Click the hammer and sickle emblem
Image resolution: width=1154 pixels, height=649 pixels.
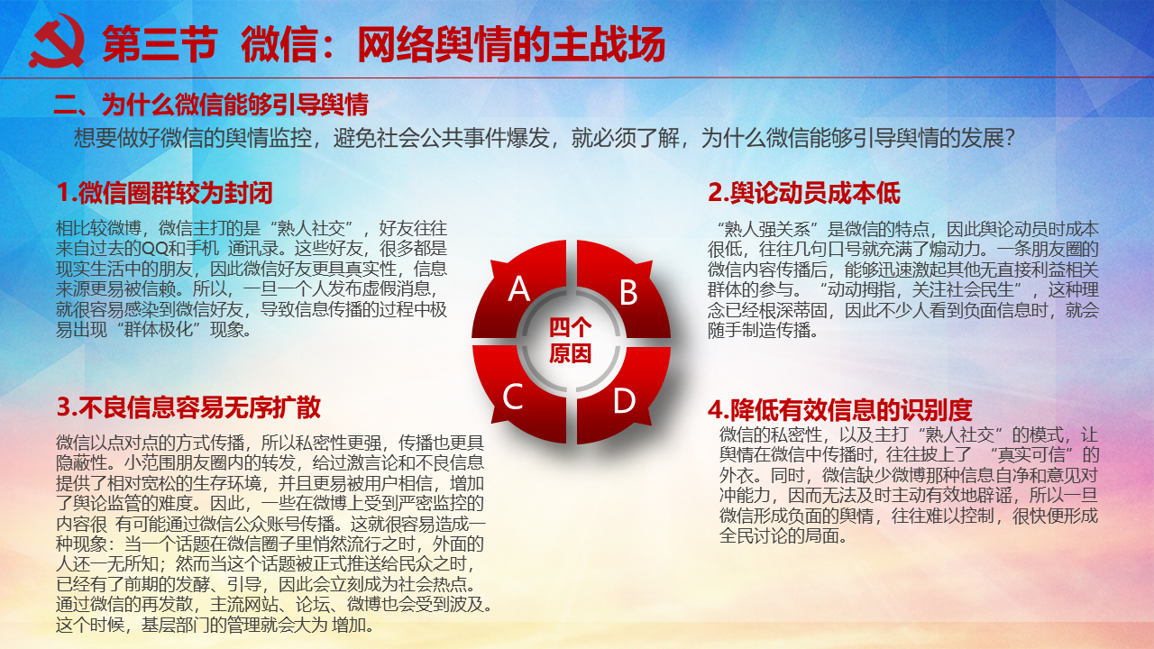point(57,41)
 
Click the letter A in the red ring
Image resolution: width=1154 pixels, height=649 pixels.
point(518,288)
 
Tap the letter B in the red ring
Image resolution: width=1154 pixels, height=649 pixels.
point(628,292)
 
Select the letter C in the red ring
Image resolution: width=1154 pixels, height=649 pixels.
point(513,397)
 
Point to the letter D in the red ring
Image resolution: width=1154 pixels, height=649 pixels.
point(625,400)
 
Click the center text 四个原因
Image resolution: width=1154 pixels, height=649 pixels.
point(570,341)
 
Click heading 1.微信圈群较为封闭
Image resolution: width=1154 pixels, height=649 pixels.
point(164,193)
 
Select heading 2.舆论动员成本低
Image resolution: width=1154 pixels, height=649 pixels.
point(803,193)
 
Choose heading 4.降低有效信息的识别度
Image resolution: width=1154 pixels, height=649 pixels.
point(839,410)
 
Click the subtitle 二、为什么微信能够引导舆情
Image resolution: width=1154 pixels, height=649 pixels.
point(211,105)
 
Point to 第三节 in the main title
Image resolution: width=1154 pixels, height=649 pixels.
point(160,44)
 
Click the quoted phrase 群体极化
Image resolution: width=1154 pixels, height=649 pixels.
point(158,330)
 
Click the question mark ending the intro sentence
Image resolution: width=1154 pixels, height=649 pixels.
point(1009,138)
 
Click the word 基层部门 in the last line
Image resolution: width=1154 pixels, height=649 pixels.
point(175,626)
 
